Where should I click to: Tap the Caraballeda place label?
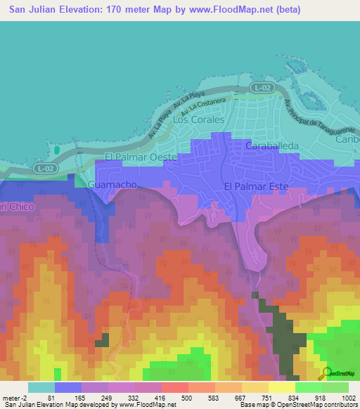[274, 145]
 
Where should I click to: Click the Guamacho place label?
[111, 184]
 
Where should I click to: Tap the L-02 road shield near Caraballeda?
[262, 87]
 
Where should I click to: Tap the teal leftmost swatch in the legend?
[41, 387]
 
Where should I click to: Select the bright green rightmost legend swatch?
[335, 387]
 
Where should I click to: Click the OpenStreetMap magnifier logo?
[326, 372]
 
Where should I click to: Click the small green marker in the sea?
[56, 150]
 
